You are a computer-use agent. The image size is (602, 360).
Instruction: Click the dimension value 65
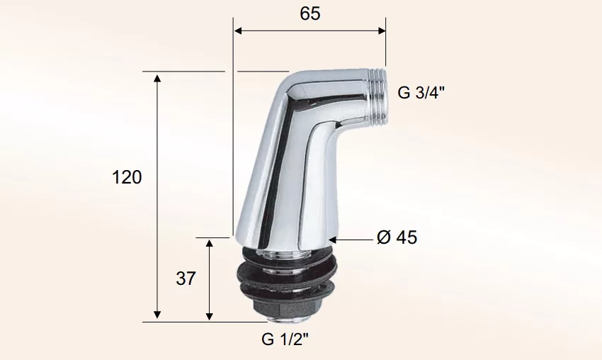(309, 14)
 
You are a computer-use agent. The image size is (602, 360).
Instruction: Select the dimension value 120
(127, 177)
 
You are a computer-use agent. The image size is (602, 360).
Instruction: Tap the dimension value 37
(186, 279)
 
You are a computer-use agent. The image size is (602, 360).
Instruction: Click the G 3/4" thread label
(421, 93)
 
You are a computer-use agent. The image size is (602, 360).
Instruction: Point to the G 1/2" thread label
(285, 339)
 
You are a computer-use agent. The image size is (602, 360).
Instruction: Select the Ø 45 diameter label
(397, 237)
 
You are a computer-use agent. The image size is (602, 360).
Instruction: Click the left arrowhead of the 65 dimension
(238, 30)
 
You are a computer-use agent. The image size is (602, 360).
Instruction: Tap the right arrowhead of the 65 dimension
(382, 30)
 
